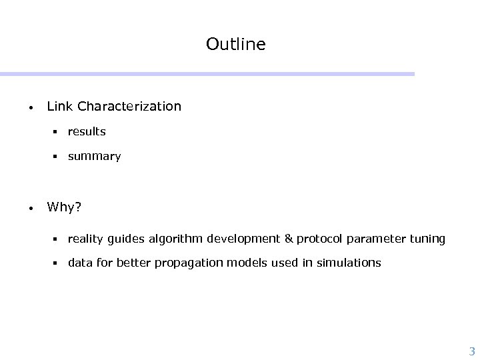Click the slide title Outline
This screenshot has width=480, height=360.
pyautogui.click(x=235, y=44)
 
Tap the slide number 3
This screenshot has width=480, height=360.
pyautogui.click(x=472, y=351)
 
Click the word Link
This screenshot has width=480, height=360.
pyautogui.click(x=60, y=106)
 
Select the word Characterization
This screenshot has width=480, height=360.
pyautogui.click(x=129, y=106)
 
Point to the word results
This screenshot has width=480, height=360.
pyautogui.click(x=87, y=132)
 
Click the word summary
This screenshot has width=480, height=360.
pyautogui.click(x=94, y=157)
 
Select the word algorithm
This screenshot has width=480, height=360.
pyautogui.click(x=177, y=238)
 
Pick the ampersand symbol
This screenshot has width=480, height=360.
pyautogui.click(x=289, y=238)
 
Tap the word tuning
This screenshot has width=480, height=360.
pyautogui.click(x=427, y=239)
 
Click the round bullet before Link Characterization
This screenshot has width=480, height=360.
pyautogui.click(x=31, y=107)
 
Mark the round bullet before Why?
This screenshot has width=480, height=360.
pyautogui.click(x=31, y=208)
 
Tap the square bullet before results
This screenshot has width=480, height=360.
pyautogui.click(x=58, y=132)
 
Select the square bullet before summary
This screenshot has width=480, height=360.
pyautogui.click(x=58, y=157)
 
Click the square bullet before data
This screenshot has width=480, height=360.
pyautogui.click(x=58, y=263)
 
